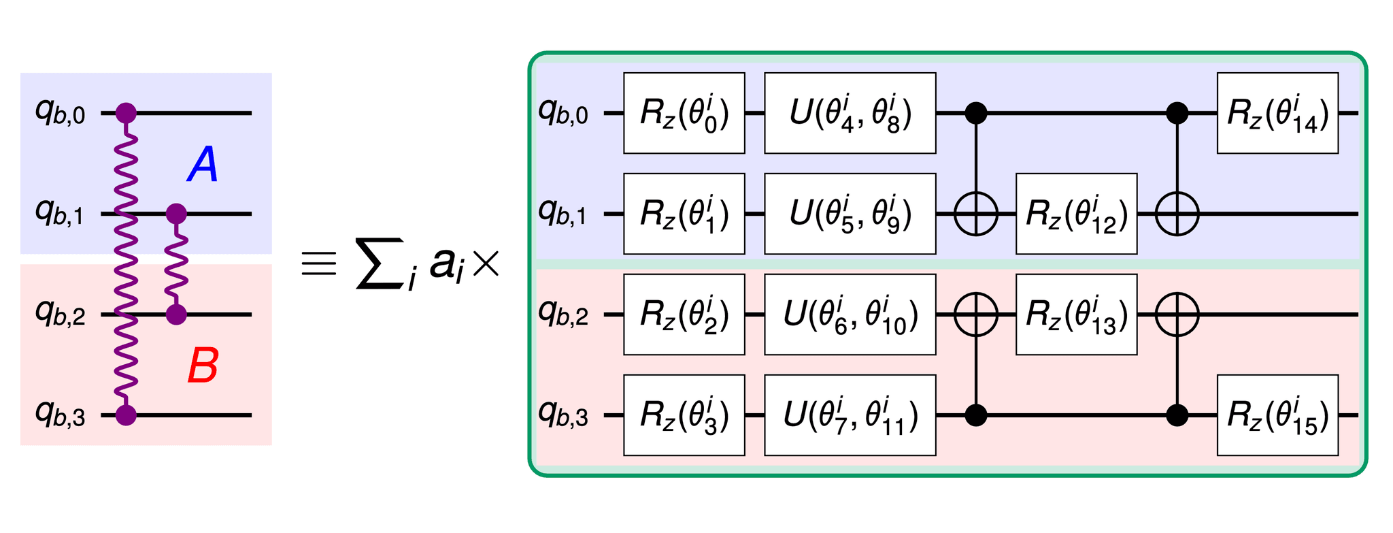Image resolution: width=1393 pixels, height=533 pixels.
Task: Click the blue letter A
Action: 203,166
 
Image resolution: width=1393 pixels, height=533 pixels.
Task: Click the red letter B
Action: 203,366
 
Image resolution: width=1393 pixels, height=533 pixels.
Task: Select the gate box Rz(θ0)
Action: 684,113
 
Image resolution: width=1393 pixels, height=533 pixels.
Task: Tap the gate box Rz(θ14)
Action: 1277,113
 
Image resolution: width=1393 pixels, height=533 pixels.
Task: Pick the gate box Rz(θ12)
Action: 1076,214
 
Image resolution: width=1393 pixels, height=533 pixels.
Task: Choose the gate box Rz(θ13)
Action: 1076,314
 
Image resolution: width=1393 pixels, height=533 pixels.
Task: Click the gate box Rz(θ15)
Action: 1277,415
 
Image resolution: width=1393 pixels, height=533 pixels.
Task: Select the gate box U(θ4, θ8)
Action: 850,113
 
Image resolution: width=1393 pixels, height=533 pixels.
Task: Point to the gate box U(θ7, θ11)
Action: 850,415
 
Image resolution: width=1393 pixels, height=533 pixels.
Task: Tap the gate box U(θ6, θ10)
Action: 850,314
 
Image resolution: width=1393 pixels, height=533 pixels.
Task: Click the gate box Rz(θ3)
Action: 684,415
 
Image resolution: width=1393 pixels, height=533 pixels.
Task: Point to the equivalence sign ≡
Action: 319,263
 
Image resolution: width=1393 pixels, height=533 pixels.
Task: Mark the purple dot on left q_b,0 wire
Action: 126,113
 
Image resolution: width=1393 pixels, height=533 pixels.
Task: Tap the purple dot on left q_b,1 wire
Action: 176,214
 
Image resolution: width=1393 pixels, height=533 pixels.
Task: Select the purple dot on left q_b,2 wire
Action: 176,314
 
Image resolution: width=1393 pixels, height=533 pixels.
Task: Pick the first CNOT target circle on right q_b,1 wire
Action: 976,214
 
